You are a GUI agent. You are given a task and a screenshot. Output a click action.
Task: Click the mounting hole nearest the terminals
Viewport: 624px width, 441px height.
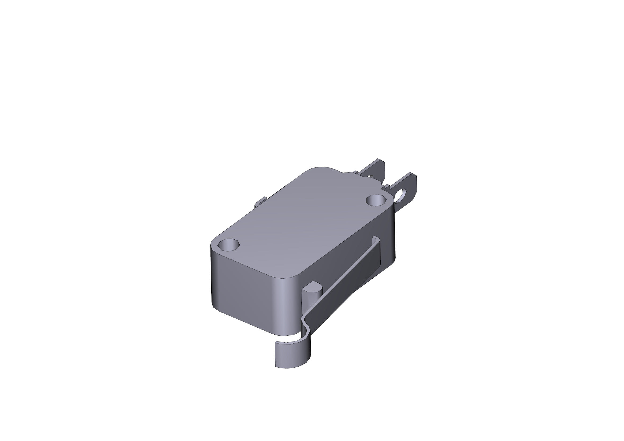(376, 201)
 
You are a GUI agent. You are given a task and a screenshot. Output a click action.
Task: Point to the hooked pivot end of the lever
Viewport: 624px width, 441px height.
(376, 239)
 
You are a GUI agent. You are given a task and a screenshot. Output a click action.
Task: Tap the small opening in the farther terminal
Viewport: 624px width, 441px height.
(370, 177)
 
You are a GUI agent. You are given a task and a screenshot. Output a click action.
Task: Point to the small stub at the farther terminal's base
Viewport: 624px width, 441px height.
(355, 172)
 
